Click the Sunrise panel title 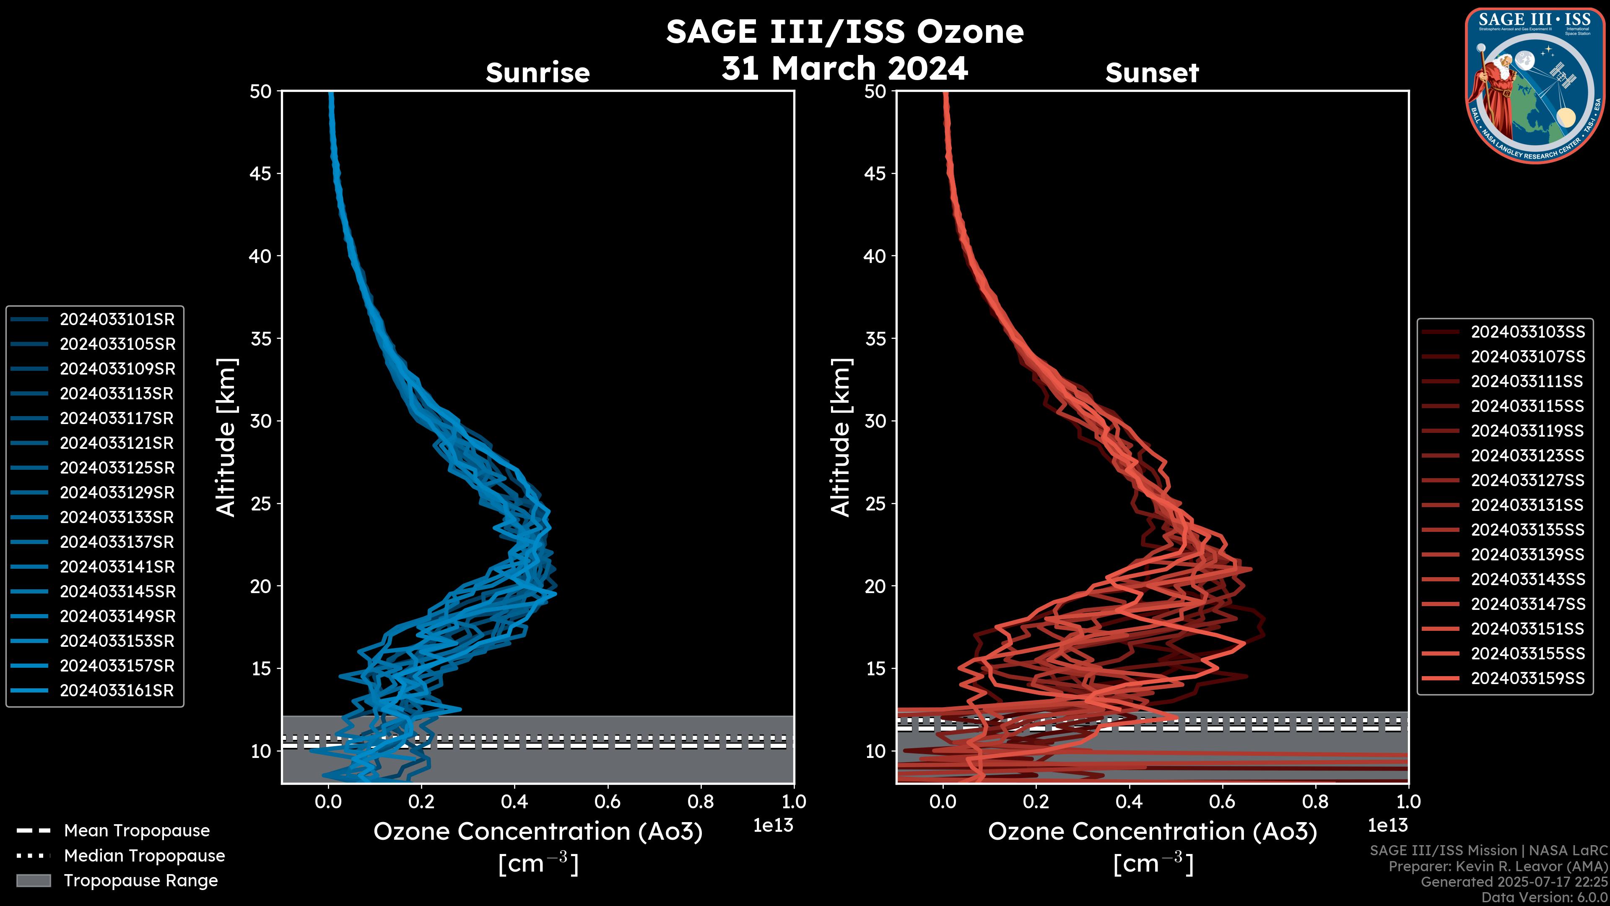coord(538,73)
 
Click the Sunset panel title coord(1152,73)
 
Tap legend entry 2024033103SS coord(1527,332)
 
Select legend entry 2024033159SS coord(1527,678)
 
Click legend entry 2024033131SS coord(1527,505)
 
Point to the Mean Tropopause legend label coord(137,831)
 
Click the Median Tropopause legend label coord(144,856)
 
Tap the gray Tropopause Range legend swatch coord(33,880)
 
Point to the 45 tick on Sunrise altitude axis coord(261,174)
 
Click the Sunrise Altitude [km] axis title coord(226,437)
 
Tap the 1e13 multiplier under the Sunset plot coord(1387,826)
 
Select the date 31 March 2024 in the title coord(844,68)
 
